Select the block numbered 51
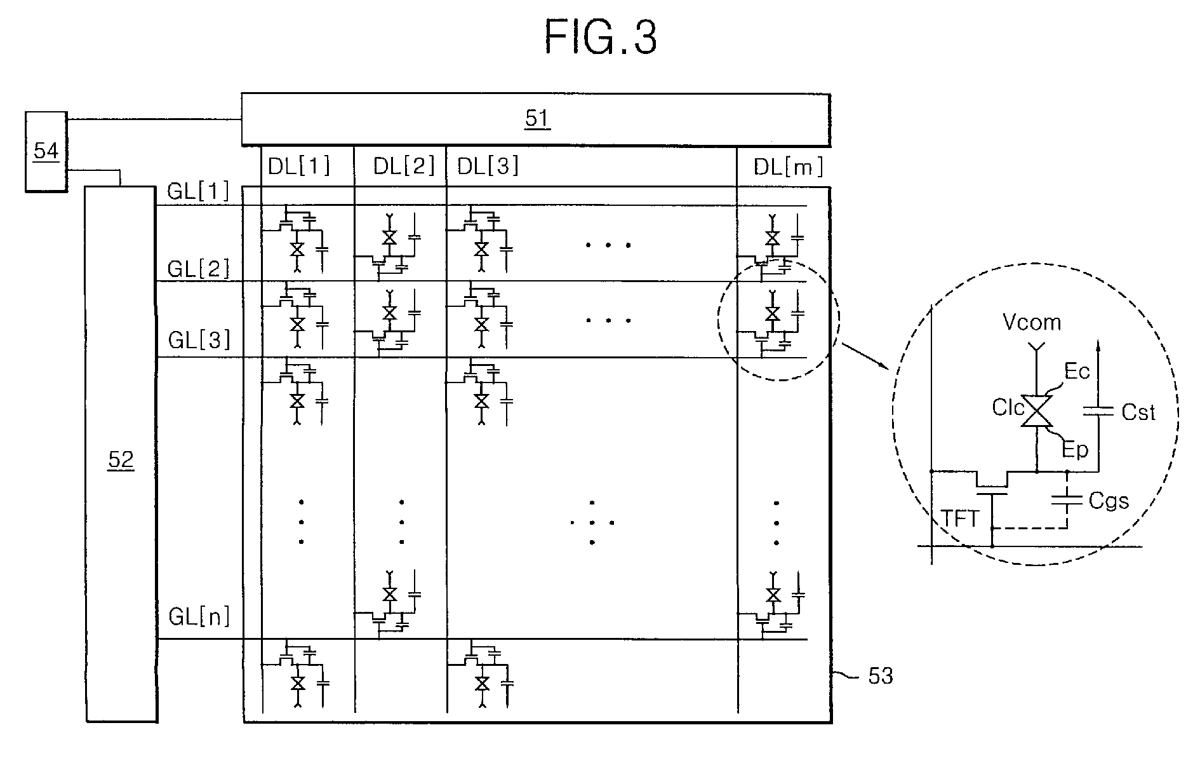tap(536, 119)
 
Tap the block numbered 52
tap(121, 454)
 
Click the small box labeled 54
tap(46, 151)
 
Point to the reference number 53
tap(880, 676)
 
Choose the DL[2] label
tap(404, 166)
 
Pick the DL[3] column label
tap(488, 166)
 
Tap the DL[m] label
tap(789, 167)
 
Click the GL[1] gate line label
tap(198, 191)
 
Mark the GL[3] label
tap(198, 341)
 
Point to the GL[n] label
tap(199, 616)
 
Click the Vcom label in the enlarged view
tap(1032, 322)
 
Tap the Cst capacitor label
tap(1138, 412)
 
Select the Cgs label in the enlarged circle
tap(1109, 501)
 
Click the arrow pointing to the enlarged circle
tap(864, 356)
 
